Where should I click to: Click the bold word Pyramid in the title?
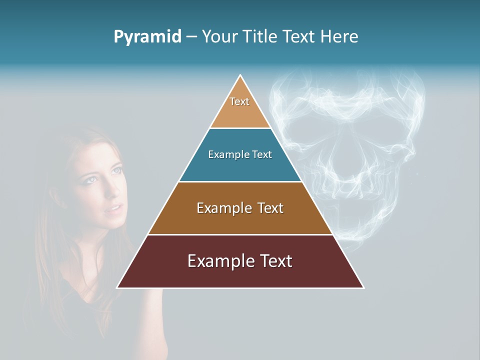pyautogui.click(x=147, y=37)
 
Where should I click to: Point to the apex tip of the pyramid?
pyautogui.click(x=240, y=76)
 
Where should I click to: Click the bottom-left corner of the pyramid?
pyautogui.click(x=118, y=287)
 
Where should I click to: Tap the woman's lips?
pyautogui.click(x=114, y=207)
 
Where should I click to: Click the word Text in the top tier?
pyautogui.click(x=239, y=101)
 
